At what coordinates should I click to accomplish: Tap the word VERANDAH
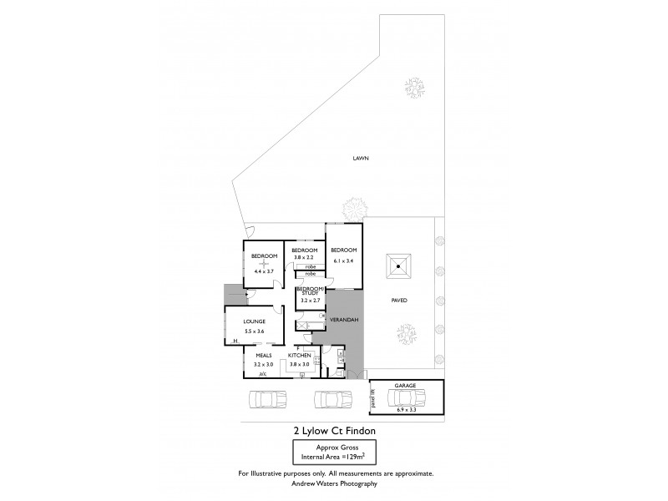point(345,320)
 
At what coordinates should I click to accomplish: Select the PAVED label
point(399,299)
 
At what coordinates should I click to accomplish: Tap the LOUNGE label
point(254,321)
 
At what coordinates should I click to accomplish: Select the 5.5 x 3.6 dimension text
point(254,331)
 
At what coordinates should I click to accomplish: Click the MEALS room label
point(264,355)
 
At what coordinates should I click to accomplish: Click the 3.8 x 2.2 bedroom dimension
point(305,258)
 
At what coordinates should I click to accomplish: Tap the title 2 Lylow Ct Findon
point(333,431)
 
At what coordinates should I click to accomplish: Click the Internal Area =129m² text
point(334,457)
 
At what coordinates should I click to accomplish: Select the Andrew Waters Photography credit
point(334,483)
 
